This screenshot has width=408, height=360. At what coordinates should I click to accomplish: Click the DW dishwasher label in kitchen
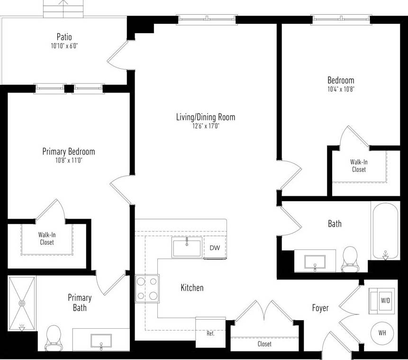click(x=215, y=248)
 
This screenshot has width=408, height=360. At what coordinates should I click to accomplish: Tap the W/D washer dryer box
click(x=385, y=300)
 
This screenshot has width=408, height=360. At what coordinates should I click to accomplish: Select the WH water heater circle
click(x=382, y=333)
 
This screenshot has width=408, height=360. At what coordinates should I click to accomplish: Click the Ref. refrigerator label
click(x=210, y=333)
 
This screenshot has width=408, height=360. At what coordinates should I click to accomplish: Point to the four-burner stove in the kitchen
click(x=147, y=289)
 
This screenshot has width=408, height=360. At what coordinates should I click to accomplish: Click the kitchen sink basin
click(x=187, y=248)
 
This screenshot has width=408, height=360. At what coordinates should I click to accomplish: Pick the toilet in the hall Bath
click(x=350, y=258)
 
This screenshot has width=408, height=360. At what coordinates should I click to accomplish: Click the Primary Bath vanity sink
click(x=100, y=342)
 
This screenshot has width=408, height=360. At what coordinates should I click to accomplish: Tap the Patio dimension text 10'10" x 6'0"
click(x=64, y=46)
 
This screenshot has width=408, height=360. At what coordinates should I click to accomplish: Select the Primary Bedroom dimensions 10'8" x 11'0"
click(x=68, y=161)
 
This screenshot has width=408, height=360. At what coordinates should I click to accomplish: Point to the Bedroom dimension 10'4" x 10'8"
click(x=341, y=89)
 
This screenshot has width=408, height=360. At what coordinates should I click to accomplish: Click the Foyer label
click(x=320, y=308)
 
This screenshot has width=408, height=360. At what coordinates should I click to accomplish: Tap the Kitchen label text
click(x=192, y=288)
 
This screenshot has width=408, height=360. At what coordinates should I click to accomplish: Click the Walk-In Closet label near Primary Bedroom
click(x=46, y=238)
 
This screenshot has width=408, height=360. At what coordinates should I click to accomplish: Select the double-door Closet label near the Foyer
click(x=264, y=344)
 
